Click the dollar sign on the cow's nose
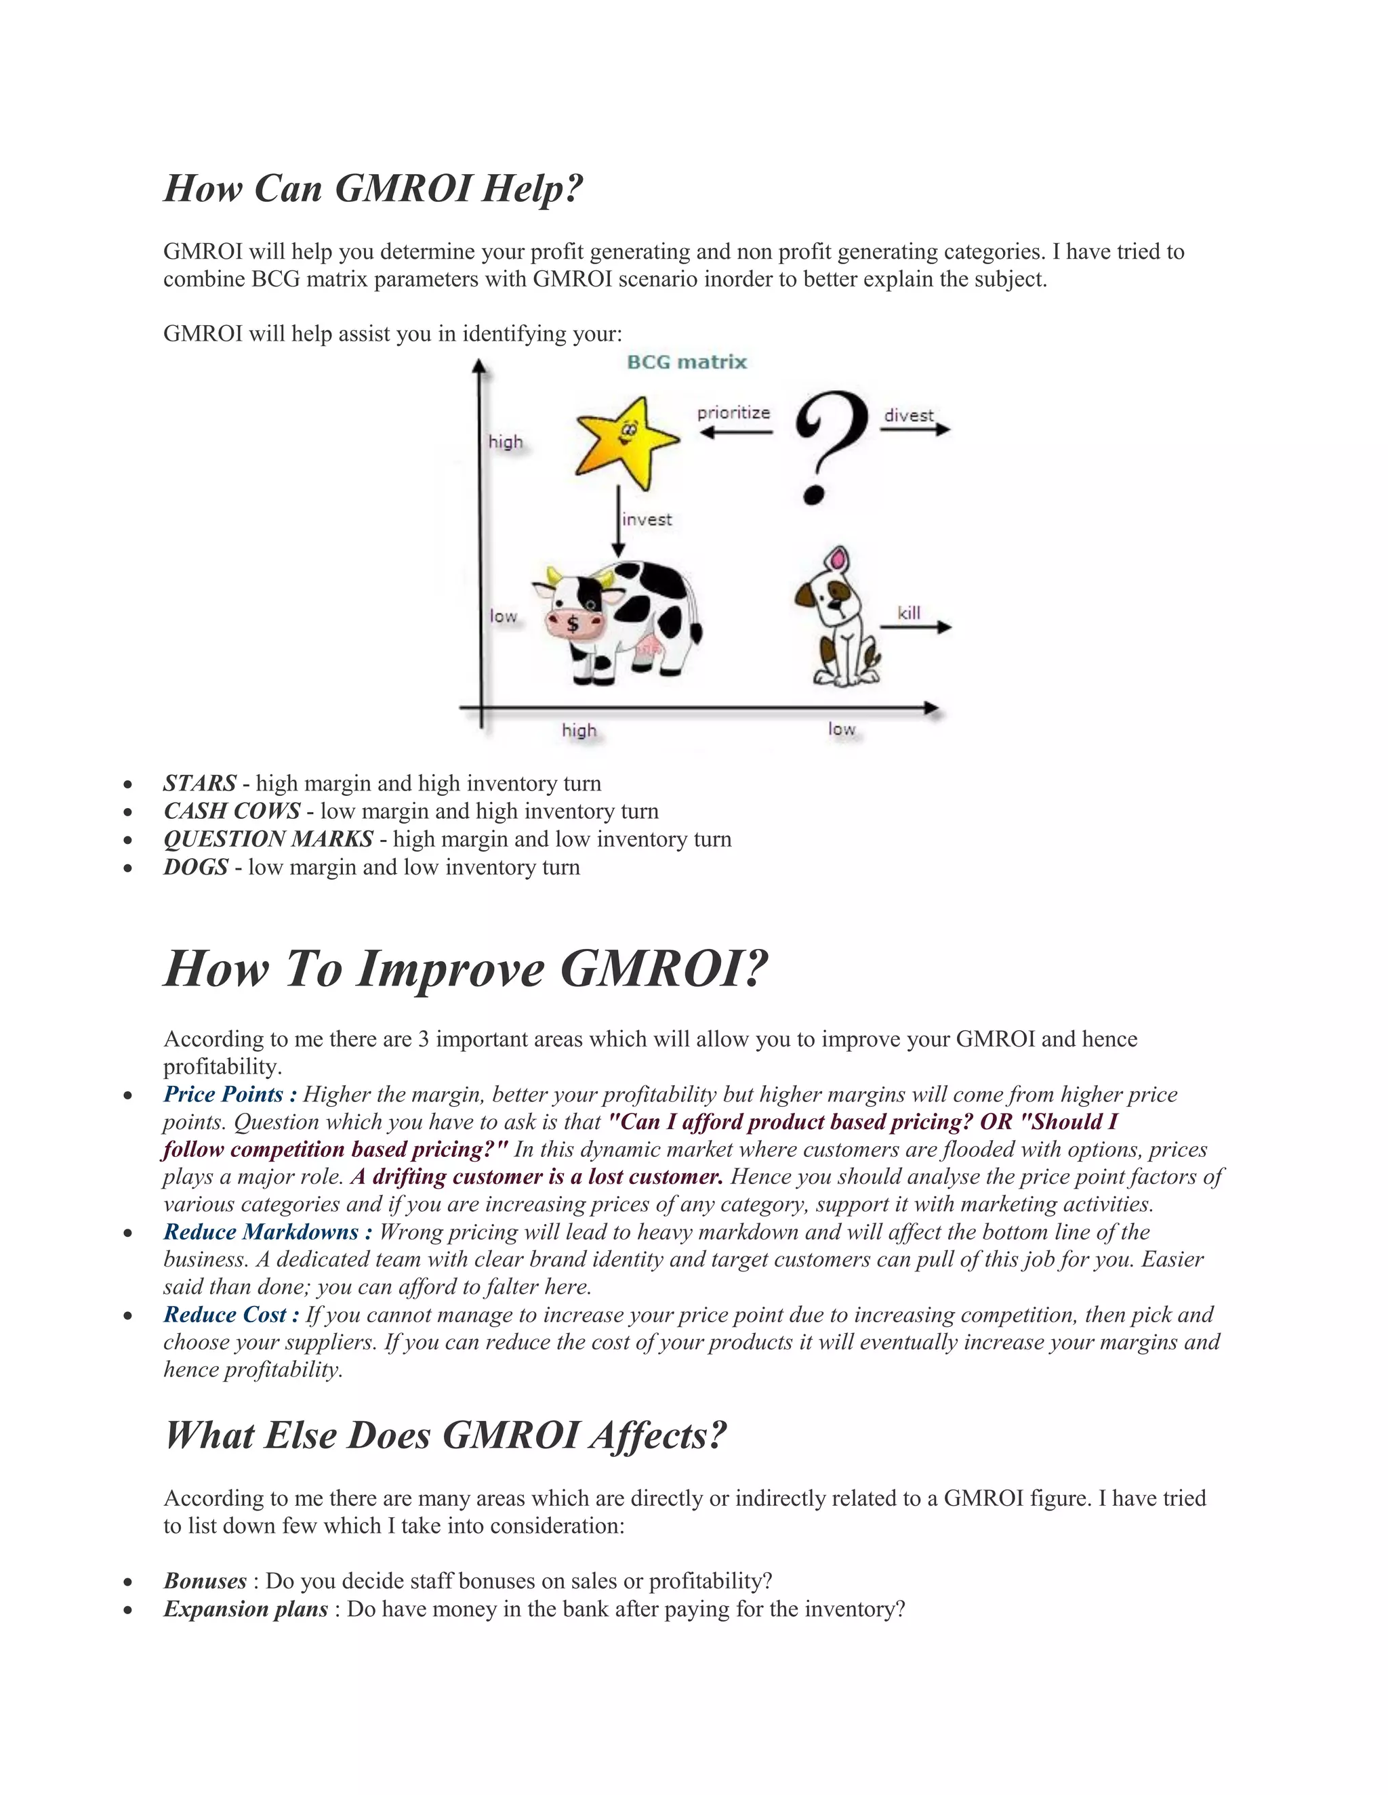[573, 624]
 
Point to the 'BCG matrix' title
[687, 362]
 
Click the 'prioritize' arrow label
[733, 413]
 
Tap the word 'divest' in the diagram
[909, 415]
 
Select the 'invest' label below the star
[647, 520]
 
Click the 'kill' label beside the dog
[909, 613]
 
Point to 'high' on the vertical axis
[506, 442]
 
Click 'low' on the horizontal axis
[841, 729]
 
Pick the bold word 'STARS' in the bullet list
[200, 783]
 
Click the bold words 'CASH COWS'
[232, 811]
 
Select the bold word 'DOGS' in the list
[196, 867]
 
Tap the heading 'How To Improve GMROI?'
[466, 969]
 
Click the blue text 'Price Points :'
[230, 1094]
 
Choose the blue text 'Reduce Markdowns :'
[267, 1231]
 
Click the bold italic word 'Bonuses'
[205, 1580]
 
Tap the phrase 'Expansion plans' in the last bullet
[245, 1609]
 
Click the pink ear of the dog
[837, 561]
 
